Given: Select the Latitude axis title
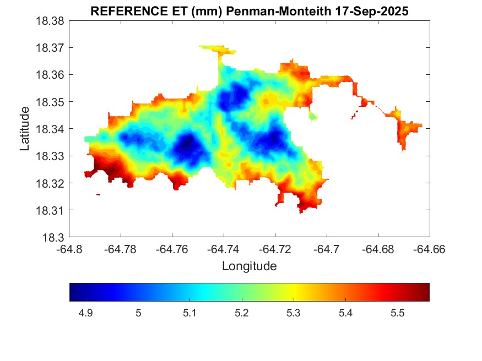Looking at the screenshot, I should [x=25, y=129].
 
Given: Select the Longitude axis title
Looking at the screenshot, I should [x=249, y=266].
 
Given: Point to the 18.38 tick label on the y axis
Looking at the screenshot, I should [x=50, y=21].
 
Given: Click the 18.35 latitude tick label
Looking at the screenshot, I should [x=50, y=102].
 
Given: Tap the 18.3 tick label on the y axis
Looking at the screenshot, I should [x=54, y=238].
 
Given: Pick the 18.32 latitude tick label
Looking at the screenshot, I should [x=50, y=183].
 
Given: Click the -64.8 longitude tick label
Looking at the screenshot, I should [x=69, y=249].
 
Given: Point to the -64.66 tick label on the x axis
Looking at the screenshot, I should [x=429, y=249].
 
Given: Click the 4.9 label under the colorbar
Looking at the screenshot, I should [x=86, y=313].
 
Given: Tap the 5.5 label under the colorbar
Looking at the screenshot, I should [x=398, y=313].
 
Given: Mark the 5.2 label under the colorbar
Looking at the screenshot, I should [x=242, y=313].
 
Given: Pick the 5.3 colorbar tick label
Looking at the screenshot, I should [x=294, y=313].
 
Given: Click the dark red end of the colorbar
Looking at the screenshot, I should [x=425, y=292].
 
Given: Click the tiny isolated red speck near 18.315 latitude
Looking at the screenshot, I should [x=98, y=194].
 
